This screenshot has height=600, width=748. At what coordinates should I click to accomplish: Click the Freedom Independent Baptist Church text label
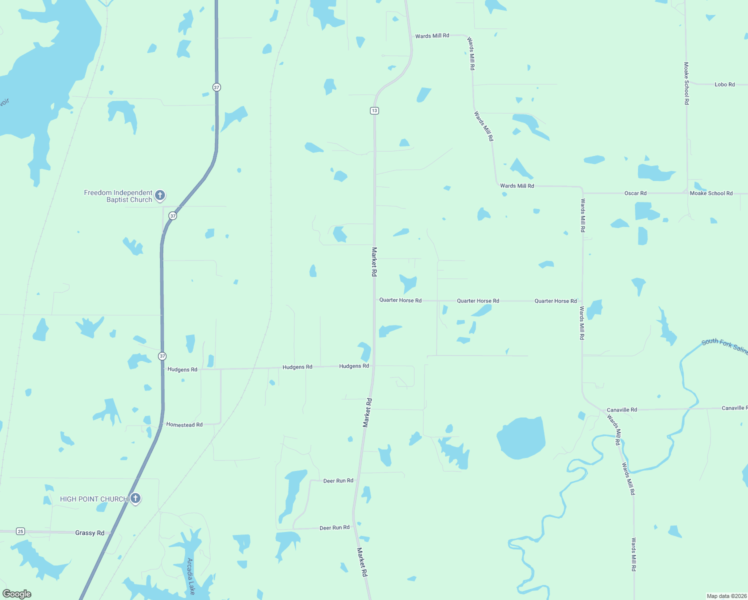point(118,196)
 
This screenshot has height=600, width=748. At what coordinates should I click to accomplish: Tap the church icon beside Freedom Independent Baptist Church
point(160,195)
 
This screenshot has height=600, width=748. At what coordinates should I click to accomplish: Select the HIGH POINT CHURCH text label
point(94,499)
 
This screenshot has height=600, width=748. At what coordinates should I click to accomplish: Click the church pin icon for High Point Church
point(135,498)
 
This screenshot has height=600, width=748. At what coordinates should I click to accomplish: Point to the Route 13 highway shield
point(374,110)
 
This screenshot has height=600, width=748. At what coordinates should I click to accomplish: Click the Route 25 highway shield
point(20,531)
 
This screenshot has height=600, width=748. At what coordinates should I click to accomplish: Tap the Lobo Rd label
point(724,84)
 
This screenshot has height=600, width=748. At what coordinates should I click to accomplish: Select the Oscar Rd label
point(635,193)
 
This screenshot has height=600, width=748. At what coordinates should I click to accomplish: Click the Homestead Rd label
point(184,424)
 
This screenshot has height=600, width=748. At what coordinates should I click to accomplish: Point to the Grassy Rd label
point(89,533)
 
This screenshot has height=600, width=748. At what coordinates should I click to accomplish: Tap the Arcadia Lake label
point(190,576)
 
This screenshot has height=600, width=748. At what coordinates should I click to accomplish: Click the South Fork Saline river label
point(724,345)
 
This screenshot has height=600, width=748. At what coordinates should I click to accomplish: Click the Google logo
point(17,594)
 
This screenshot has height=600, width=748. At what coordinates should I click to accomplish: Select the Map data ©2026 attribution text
point(726,596)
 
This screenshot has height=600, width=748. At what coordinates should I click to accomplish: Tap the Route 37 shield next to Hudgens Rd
point(162,356)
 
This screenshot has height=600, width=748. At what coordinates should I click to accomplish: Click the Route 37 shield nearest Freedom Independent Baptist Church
point(172,216)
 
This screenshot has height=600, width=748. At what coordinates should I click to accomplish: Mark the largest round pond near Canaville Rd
point(521,438)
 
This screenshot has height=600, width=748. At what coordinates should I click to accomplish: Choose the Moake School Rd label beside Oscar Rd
point(711,193)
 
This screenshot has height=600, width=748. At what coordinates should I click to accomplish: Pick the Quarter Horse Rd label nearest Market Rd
point(400,300)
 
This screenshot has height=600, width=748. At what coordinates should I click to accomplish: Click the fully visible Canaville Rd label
point(621,409)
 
